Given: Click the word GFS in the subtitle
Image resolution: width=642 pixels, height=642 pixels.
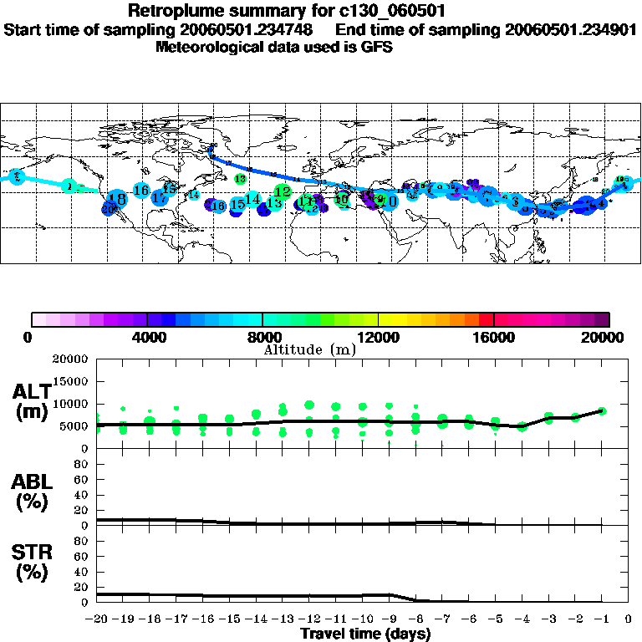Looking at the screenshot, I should tap(377, 47).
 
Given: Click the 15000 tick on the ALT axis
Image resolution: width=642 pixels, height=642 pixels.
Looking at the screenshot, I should tap(71, 381).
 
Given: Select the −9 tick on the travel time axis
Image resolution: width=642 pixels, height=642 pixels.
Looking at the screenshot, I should tap(390, 619).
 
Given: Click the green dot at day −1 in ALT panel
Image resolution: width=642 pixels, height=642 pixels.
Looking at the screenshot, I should tap(602, 410).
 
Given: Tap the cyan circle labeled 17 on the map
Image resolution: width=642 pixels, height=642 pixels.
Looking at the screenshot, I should tap(159, 198).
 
